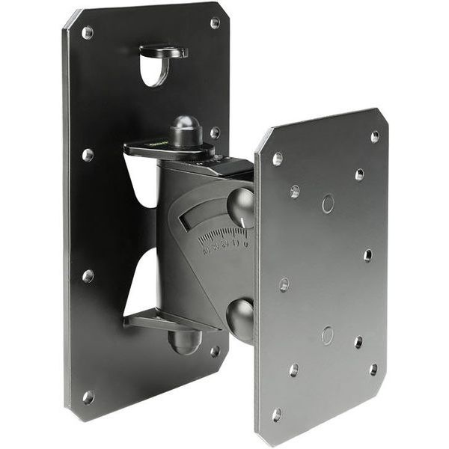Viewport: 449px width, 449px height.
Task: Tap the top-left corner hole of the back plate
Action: [x=88, y=33]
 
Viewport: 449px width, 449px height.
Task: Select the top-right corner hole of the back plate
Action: [x=214, y=23]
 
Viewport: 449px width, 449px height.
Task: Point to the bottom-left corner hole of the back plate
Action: [x=88, y=397]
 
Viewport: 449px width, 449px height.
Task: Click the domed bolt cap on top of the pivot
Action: [x=185, y=129]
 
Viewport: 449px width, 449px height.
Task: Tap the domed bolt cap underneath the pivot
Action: [x=185, y=342]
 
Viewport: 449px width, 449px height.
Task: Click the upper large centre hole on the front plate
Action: [x=328, y=204]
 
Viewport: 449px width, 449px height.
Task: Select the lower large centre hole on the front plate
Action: [x=327, y=335]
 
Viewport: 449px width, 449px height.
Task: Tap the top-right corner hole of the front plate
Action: [x=374, y=137]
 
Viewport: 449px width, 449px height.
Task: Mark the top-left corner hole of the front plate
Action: [x=278, y=159]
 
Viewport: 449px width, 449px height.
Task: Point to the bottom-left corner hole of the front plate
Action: [x=277, y=414]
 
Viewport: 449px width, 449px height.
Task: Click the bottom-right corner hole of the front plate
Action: [x=373, y=369]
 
